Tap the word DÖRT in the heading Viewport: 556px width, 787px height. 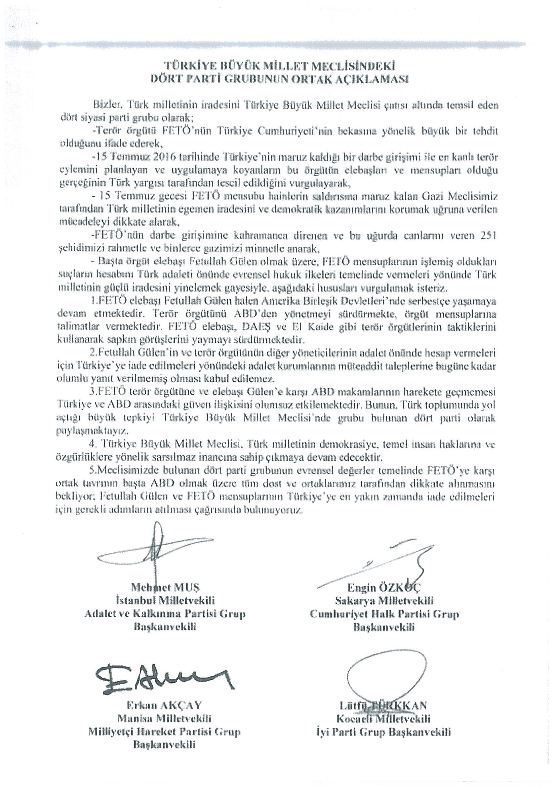tap(165, 79)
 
